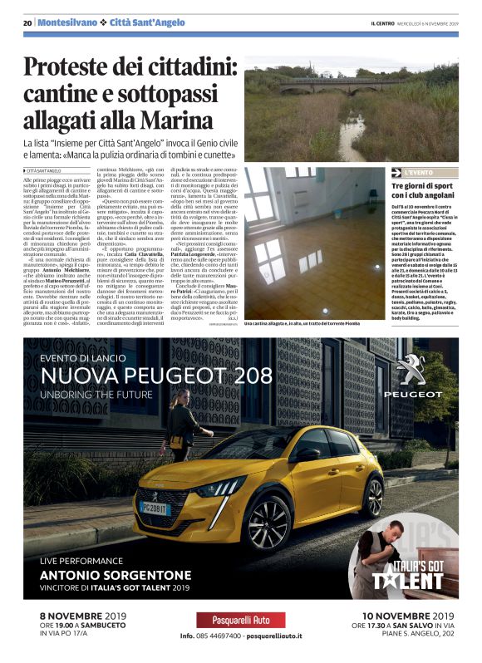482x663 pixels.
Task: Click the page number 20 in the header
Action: click(27, 22)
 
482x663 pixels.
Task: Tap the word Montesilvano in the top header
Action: click(65, 22)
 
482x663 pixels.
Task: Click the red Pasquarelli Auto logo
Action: click(240, 620)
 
